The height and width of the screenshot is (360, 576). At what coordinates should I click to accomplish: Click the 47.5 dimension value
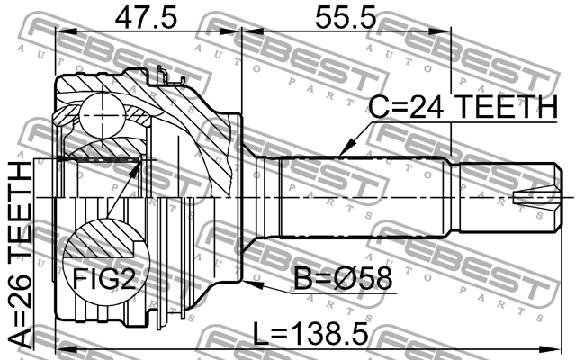[x=146, y=17]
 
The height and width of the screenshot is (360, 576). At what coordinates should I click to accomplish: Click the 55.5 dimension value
[x=346, y=17]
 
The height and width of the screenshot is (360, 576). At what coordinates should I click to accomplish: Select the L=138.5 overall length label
[x=310, y=334]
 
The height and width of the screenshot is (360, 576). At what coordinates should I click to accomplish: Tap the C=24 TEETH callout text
[x=463, y=106]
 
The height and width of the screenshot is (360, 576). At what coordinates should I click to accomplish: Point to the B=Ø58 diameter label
[x=344, y=278]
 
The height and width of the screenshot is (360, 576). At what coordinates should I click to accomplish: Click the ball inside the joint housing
[x=102, y=115]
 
